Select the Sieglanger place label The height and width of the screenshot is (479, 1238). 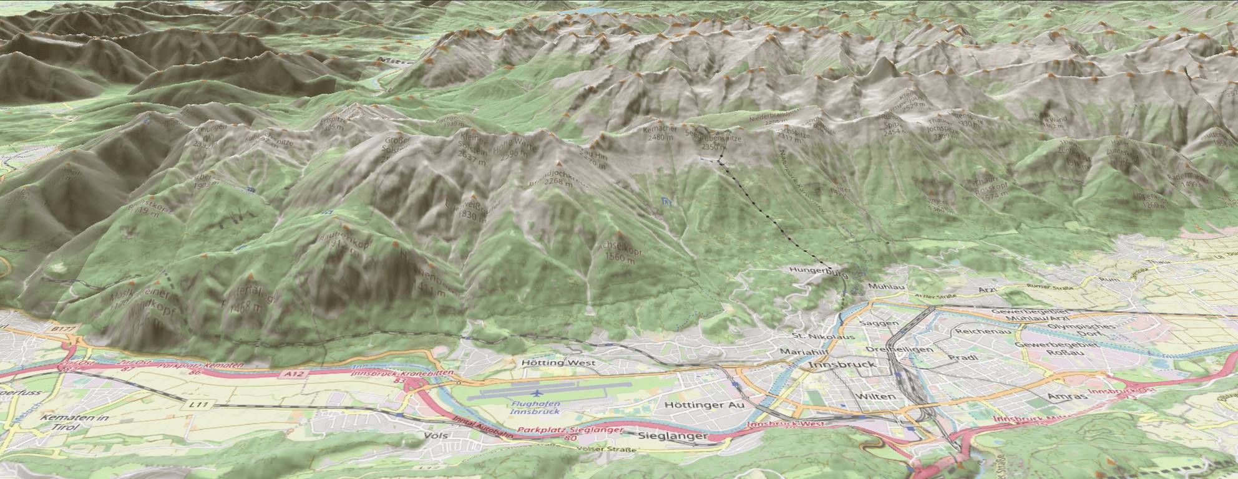point(671,437)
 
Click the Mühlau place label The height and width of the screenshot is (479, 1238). point(882,288)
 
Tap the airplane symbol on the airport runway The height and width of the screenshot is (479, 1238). point(537,393)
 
